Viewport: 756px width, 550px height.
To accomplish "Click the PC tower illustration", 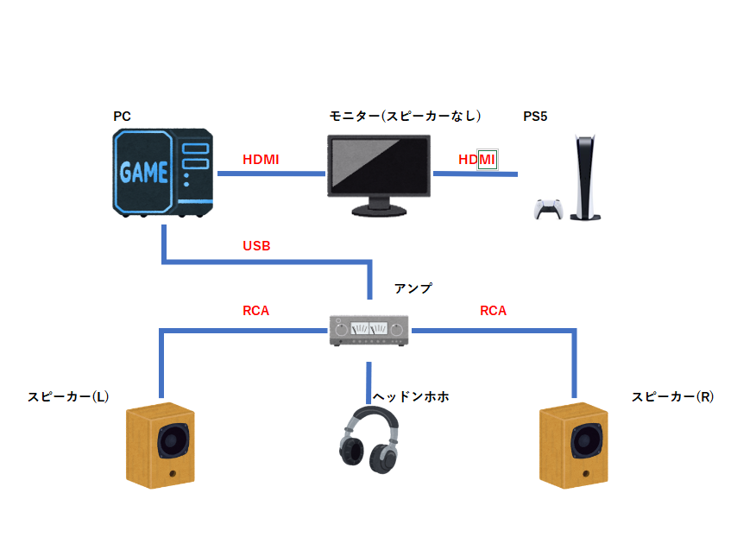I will click(x=163, y=173).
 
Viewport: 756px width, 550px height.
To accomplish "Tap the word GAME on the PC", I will click(x=143, y=172).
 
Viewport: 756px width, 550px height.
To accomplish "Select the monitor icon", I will click(x=379, y=174).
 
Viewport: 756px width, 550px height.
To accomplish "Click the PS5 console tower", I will click(x=586, y=177).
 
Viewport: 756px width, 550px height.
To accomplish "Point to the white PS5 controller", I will click(x=548, y=210).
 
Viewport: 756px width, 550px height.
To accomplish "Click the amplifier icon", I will click(x=369, y=330).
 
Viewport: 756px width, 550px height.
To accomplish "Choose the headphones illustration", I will click(x=369, y=440).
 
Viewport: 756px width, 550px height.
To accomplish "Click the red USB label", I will click(x=256, y=246).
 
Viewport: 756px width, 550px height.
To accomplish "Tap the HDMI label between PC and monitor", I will click(x=261, y=160).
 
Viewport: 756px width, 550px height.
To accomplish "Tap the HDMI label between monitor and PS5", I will click(x=477, y=160).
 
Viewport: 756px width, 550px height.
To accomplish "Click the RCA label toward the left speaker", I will click(x=256, y=311).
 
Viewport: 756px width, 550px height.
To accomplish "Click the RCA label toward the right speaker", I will click(x=493, y=311).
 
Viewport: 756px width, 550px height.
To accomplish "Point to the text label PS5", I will click(x=535, y=116).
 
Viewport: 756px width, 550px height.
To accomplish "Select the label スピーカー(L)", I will click(x=68, y=397).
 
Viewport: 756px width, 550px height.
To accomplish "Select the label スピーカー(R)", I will click(x=672, y=397).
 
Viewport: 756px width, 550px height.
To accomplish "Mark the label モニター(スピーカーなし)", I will click(x=404, y=116).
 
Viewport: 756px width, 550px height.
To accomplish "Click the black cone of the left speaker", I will click(x=173, y=442).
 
